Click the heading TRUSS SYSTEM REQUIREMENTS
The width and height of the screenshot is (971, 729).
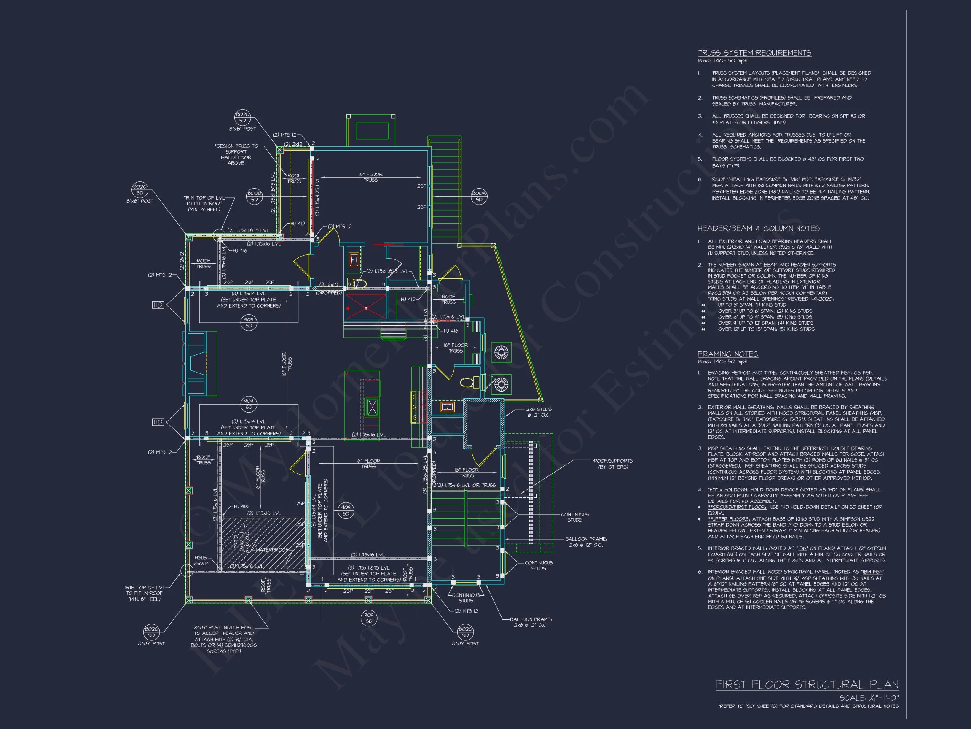tap(754, 53)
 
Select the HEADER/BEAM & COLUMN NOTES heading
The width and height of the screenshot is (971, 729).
tap(759, 229)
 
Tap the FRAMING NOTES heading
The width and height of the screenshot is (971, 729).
tap(728, 354)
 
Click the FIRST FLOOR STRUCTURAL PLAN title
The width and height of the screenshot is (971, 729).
tap(806, 685)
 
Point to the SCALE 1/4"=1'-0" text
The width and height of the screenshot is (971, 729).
tap(869, 698)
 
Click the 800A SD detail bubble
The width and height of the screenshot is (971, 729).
tap(479, 197)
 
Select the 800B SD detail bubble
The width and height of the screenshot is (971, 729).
tap(254, 197)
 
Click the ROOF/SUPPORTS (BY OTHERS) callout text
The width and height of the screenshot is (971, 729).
tap(613, 464)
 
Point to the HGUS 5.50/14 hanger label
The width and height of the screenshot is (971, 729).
tap(200, 560)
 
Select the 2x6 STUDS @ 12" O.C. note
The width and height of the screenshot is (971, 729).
tap(539, 412)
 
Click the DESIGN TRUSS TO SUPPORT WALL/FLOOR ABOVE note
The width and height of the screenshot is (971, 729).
tap(236, 154)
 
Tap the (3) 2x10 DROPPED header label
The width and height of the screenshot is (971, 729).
tap(328, 289)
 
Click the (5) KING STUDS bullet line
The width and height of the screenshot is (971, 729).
tap(766, 329)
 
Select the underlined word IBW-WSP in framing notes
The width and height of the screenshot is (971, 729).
tap(872, 572)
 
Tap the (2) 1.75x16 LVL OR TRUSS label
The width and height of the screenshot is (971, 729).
tap(466, 485)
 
